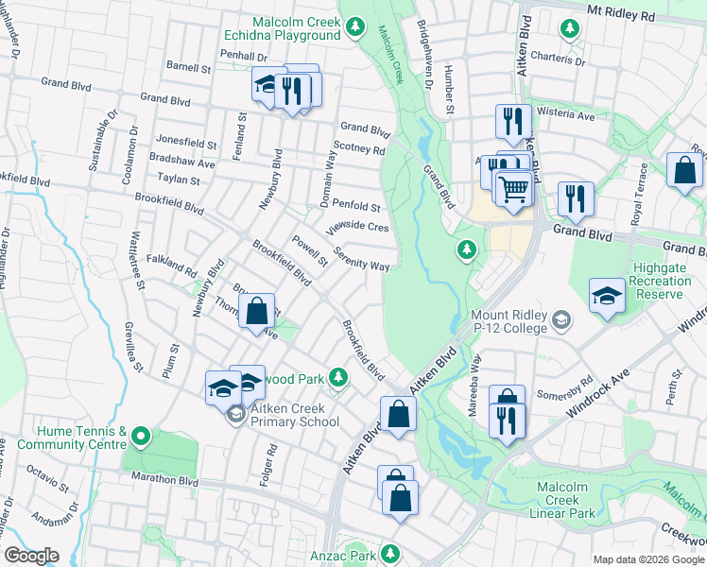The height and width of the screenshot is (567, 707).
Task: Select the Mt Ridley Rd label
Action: tap(647, 16)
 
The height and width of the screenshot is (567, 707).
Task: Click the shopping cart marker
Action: tap(513, 188)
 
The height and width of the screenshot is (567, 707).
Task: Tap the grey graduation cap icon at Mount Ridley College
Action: tap(561, 321)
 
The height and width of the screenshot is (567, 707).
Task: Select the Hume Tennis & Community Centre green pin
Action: tap(141, 436)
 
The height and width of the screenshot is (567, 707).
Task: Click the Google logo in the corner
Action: tap(31, 556)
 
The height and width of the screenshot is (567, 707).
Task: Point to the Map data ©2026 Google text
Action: tap(648, 559)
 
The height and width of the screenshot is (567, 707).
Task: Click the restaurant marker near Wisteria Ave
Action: tap(509, 120)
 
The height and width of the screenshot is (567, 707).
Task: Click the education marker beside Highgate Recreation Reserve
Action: tap(607, 295)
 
